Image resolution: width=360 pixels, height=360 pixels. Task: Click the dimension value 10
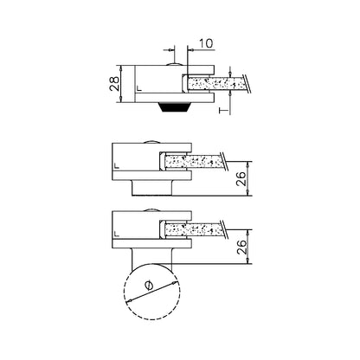pyautogui.click(x=206, y=43)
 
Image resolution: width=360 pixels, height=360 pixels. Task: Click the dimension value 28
pyautogui.click(x=114, y=83)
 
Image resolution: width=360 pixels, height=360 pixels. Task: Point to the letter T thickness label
pyautogui.click(x=223, y=110)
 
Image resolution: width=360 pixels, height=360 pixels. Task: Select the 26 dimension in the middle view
pyautogui.click(x=241, y=178)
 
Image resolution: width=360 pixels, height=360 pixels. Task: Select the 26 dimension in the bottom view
pyautogui.click(x=241, y=247)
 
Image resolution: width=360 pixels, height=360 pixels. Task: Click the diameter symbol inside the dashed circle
pyautogui.click(x=149, y=286)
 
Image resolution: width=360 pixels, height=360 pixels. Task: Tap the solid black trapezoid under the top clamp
pyautogui.click(x=175, y=107)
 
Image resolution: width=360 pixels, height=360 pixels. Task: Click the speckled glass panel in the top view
pyautogui.click(x=216, y=84)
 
